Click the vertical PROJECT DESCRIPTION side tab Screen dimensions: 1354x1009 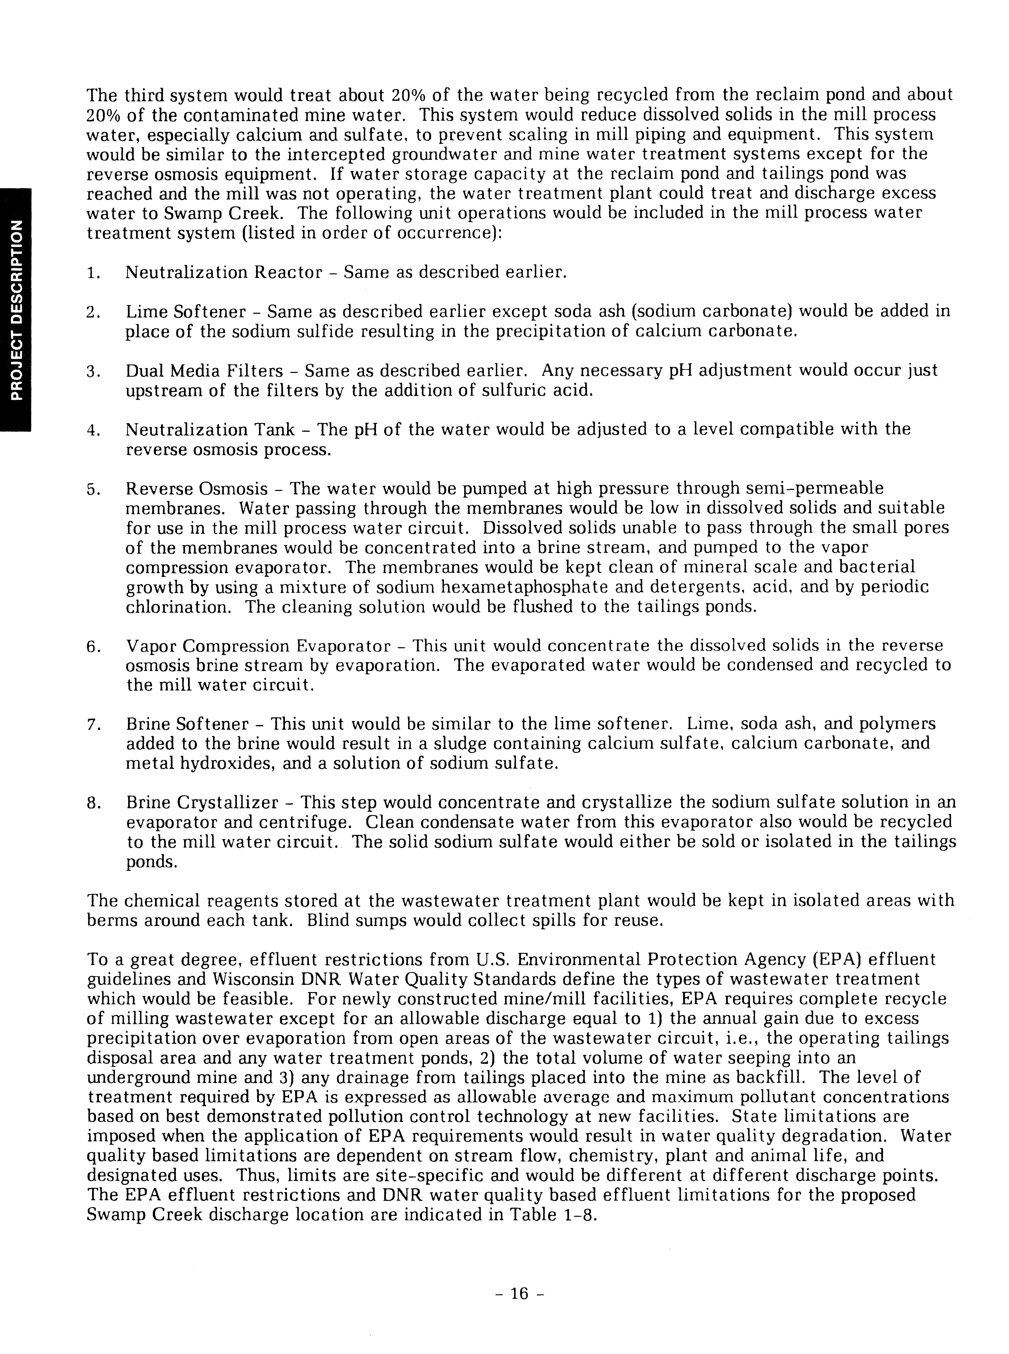[x=15, y=311]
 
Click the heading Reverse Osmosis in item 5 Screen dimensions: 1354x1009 [x=197, y=489]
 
